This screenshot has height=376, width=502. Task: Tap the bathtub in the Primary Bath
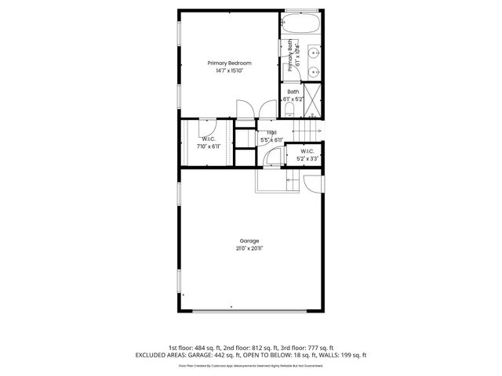click(x=301, y=23)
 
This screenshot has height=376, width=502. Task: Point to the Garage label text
click(x=249, y=240)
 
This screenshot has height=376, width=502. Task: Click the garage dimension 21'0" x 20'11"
click(x=249, y=248)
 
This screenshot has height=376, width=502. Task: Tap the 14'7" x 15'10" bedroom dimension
click(x=230, y=70)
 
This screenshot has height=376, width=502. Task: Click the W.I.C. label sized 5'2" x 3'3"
click(x=306, y=151)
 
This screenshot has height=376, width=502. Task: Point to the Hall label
click(x=272, y=132)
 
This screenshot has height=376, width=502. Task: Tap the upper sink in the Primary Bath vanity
click(x=314, y=52)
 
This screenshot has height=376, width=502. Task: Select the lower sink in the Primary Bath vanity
click(x=314, y=71)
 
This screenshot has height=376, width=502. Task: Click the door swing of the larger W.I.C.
click(x=208, y=125)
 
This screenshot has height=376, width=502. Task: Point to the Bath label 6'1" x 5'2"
click(x=294, y=96)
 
